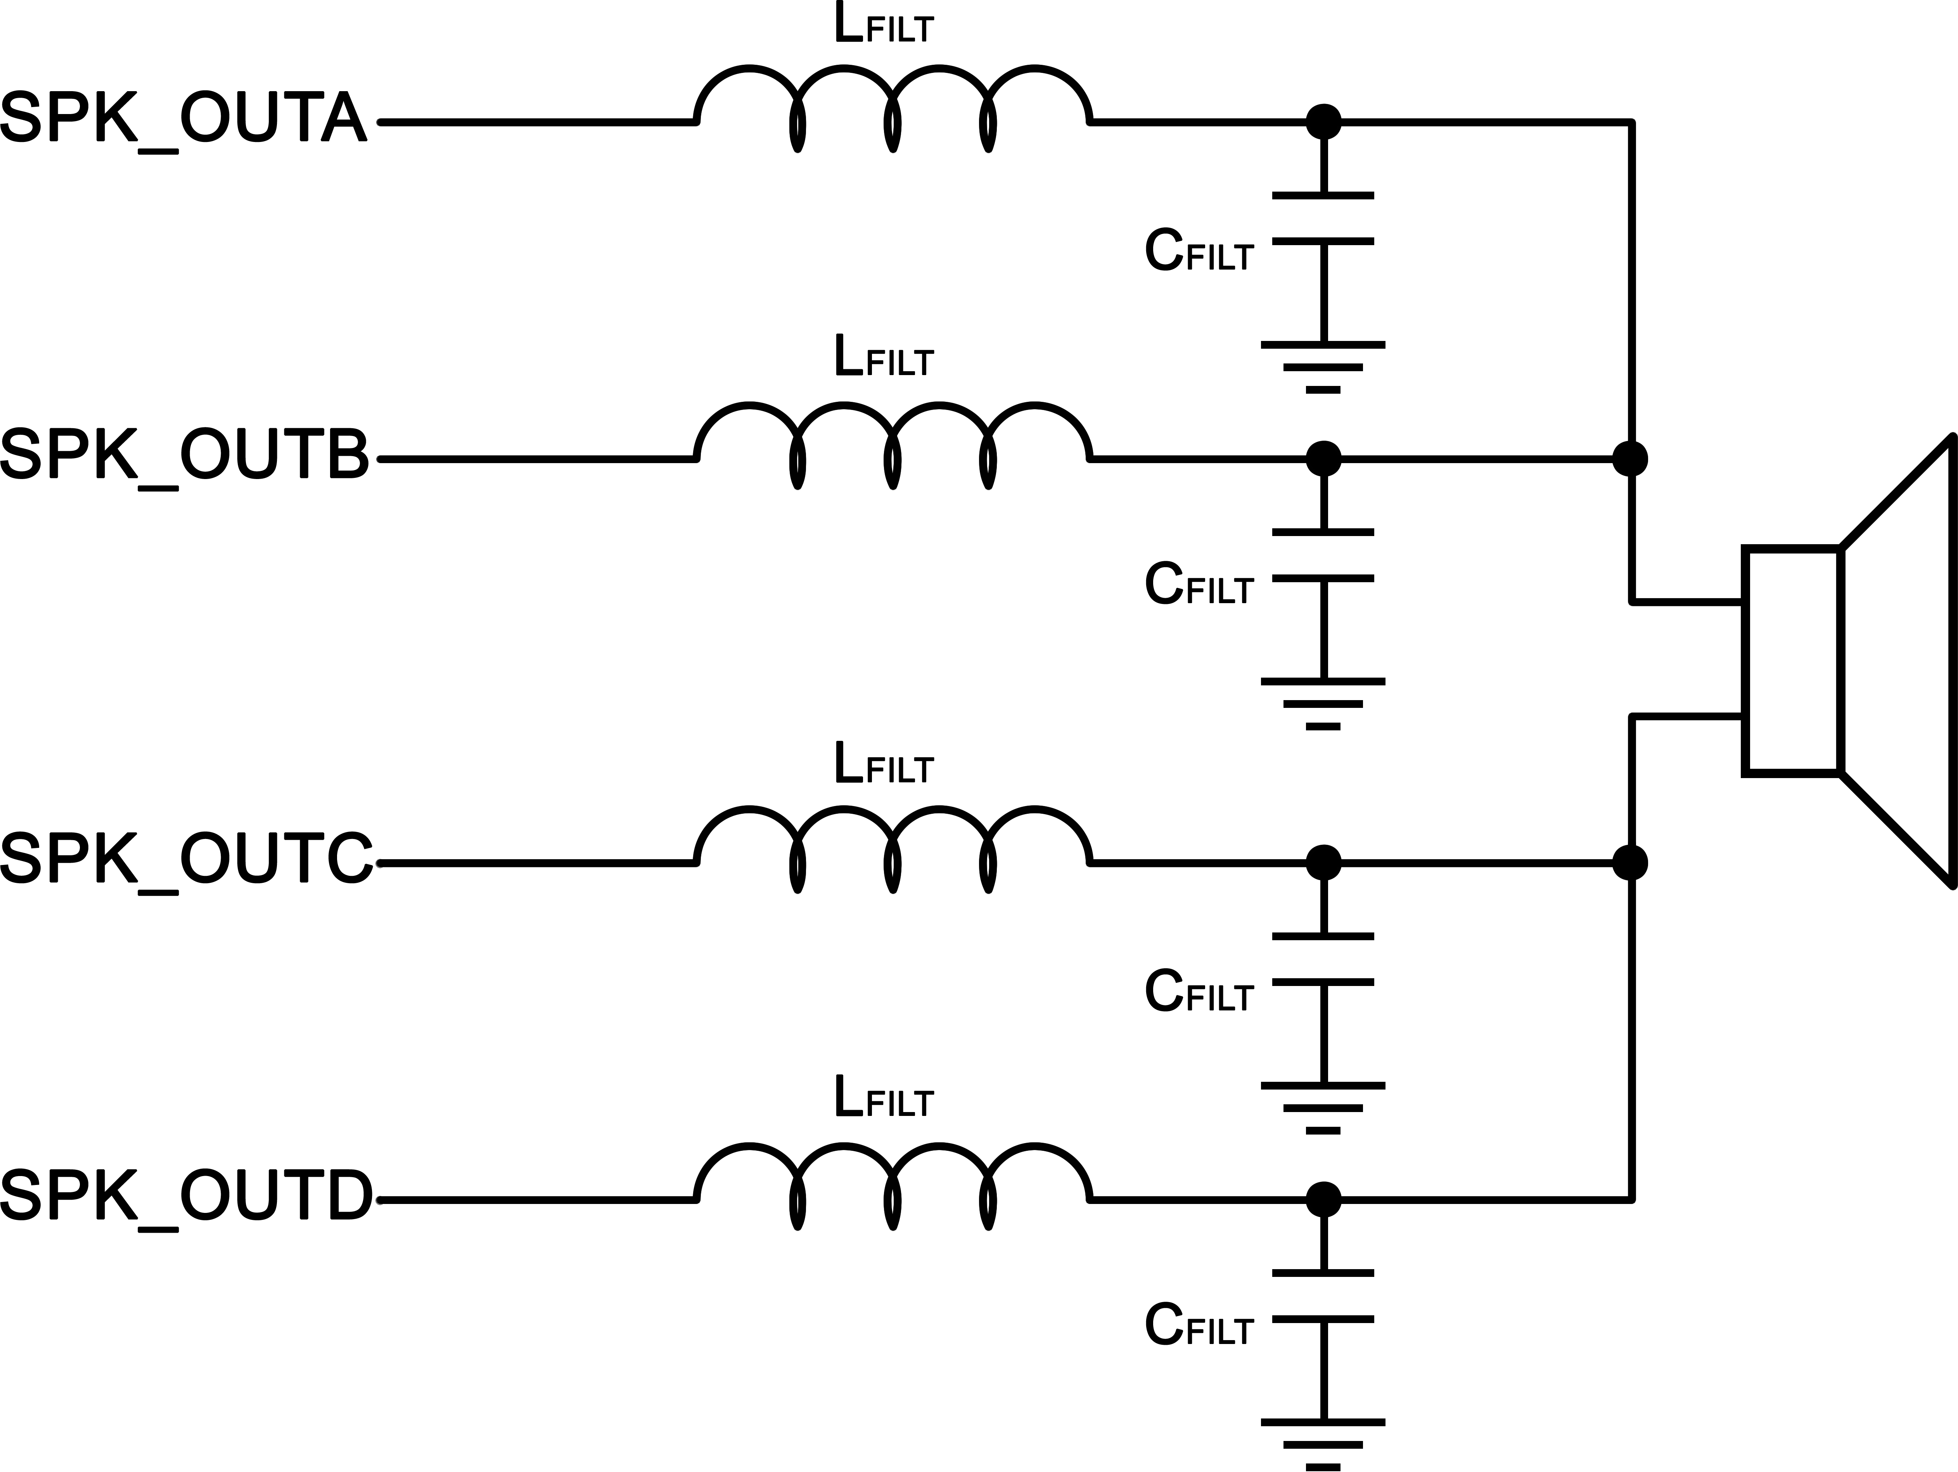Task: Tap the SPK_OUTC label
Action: tap(186, 859)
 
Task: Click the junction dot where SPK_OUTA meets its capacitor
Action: tap(1323, 122)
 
